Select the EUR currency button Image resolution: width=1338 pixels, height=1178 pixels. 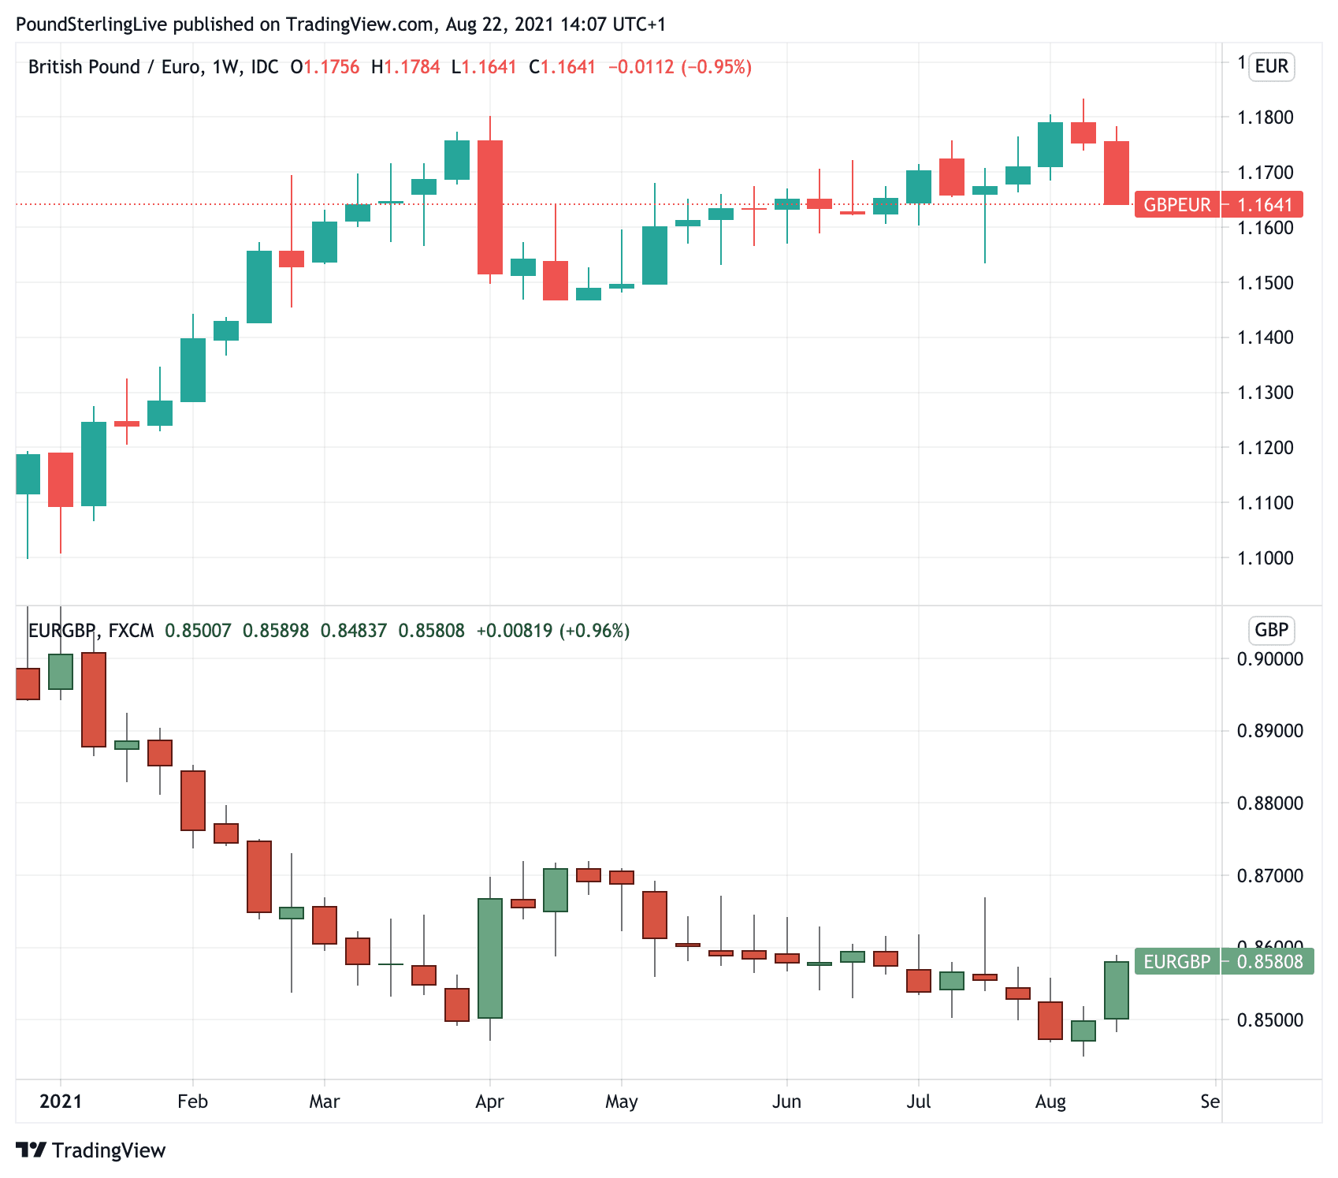point(1271,66)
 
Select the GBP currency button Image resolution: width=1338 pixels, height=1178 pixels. point(1271,630)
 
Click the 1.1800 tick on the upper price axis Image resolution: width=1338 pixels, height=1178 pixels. point(1265,117)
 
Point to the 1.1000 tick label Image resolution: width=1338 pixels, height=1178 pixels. point(1265,558)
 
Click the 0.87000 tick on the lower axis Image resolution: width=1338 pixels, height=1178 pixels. point(1269,876)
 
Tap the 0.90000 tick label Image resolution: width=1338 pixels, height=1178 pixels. point(1269,659)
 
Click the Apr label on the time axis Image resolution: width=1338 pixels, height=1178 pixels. point(489,1102)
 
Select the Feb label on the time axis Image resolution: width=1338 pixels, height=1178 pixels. point(192,1102)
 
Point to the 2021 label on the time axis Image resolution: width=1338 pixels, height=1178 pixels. point(61,1102)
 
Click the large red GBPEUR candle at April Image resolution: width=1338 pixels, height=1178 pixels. point(490,207)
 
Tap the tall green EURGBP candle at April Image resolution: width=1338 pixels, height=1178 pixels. point(490,958)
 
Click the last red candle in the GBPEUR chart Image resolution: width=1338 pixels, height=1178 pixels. point(1116,173)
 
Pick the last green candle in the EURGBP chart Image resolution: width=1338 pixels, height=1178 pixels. point(1116,990)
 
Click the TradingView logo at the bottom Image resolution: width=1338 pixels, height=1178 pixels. point(91,1150)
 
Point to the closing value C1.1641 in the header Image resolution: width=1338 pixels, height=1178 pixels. point(563,67)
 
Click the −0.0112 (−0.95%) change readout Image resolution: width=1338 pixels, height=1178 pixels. point(679,67)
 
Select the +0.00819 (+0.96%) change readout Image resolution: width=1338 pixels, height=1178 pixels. point(552,631)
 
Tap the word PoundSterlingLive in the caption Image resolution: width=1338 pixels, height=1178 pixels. point(91,24)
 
